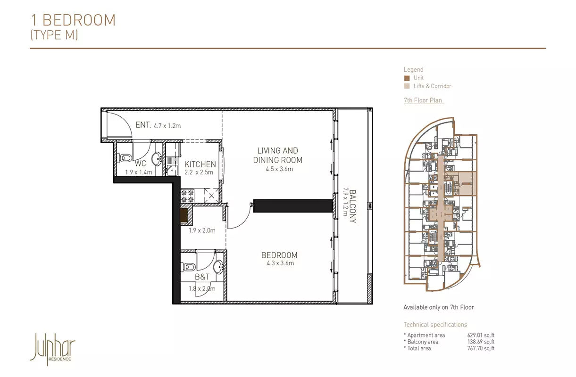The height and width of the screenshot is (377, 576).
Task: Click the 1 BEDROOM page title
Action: (x=73, y=20)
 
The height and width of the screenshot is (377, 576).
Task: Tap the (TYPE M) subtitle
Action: (x=54, y=35)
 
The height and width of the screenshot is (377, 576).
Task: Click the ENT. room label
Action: (x=143, y=125)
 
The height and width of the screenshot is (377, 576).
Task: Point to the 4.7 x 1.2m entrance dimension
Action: (x=167, y=126)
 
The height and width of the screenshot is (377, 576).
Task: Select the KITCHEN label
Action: (x=200, y=164)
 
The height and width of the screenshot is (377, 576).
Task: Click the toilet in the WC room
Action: (x=124, y=158)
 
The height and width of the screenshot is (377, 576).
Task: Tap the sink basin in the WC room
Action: (x=156, y=159)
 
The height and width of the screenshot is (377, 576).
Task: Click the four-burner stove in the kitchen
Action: (x=187, y=196)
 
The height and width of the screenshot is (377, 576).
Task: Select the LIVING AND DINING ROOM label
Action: (x=278, y=155)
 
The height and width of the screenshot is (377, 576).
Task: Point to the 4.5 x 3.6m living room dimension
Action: (x=279, y=169)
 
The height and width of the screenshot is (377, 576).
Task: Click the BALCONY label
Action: (x=353, y=206)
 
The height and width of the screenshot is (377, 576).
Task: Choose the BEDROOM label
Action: (x=279, y=255)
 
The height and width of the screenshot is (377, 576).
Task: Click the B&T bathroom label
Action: (x=202, y=277)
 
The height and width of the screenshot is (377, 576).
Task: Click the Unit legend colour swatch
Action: (x=407, y=78)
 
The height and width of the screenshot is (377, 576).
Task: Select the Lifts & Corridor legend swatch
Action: (x=407, y=86)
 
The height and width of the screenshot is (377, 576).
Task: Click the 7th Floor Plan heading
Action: (x=423, y=100)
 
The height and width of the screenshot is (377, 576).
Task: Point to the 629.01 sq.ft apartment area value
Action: (x=481, y=335)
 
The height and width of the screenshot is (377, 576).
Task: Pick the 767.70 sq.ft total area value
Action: (x=481, y=348)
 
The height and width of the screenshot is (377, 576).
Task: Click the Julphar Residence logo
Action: (x=53, y=349)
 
